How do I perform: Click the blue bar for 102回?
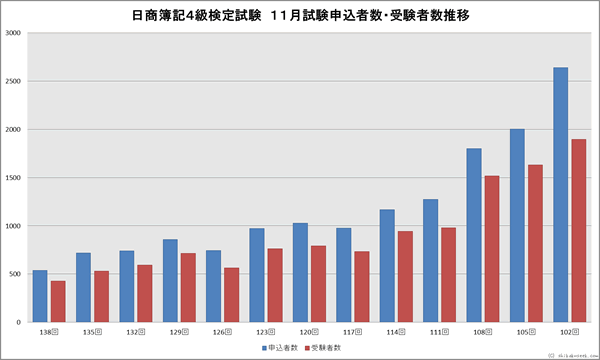click(x=560, y=195)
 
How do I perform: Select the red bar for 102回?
click(x=577, y=231)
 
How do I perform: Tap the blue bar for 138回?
click(x=40, y=296)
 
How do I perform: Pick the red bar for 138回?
click(x=58, y=301)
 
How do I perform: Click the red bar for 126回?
click(x=231, y=295)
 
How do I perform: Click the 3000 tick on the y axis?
click(x=13, y=33)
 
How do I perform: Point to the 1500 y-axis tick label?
click(x=13, y=178)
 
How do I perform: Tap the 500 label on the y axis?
click(x=15, y=274)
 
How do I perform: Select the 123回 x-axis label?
click(x=265, y=330)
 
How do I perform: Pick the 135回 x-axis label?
click(x=92, y=330)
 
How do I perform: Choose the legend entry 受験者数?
click(x=328, y=347)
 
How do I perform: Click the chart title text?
click(x=300, y=16)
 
